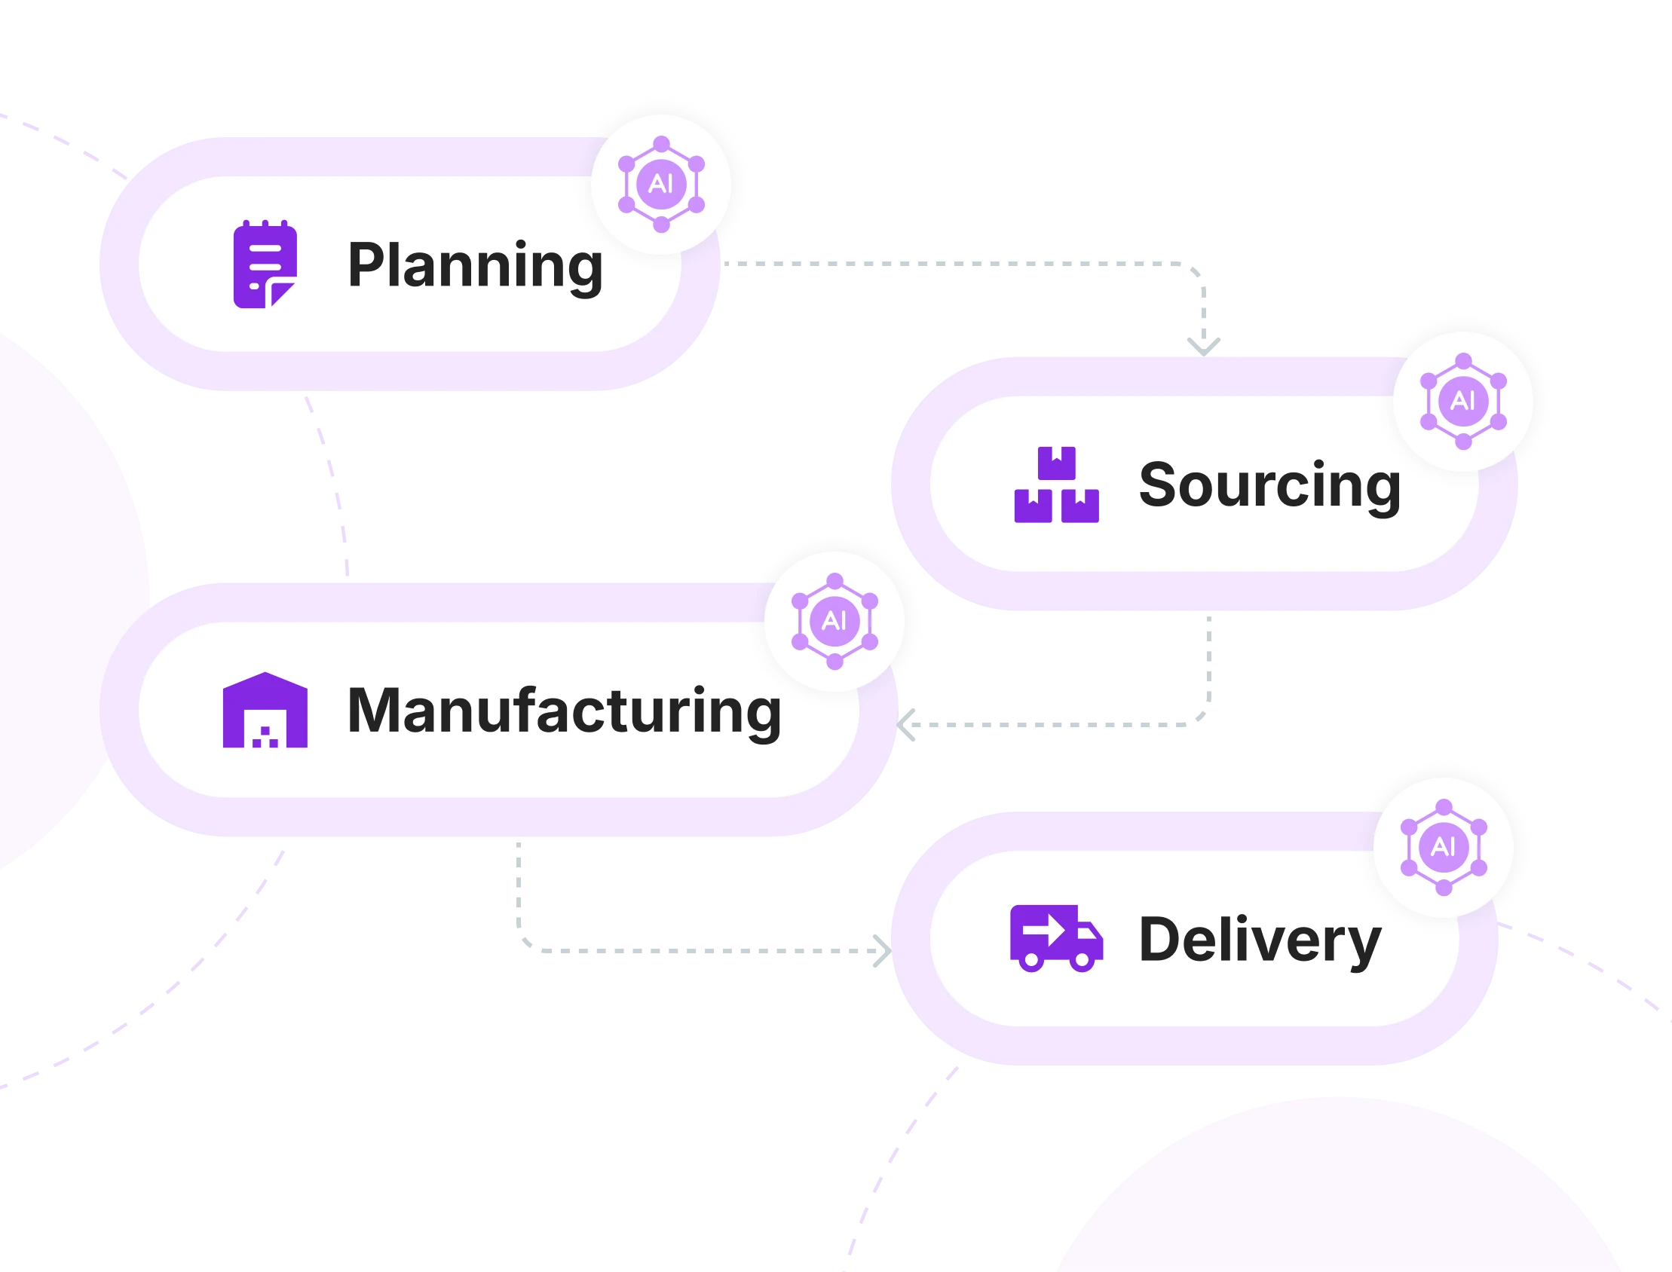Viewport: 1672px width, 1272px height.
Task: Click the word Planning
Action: click(x=475, y=265)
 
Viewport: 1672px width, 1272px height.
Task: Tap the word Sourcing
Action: click(x=1269, y=485)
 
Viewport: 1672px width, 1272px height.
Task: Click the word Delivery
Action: click(x=1260, y=939)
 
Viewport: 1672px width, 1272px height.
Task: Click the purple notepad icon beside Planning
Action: click(x=265, y=264)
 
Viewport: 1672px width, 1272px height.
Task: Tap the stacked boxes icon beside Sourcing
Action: click(x=1056, y=485)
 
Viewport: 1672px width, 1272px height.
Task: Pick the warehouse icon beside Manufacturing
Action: click(x=265, y=710)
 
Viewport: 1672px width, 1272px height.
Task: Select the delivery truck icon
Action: click(x=1056, y=938)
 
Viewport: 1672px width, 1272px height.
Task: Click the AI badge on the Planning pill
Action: click(x=661, y=184)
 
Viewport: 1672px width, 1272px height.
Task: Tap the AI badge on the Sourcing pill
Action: click(x=1463, y=402)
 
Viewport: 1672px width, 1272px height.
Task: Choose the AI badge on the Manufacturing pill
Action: click(x=834, y=621)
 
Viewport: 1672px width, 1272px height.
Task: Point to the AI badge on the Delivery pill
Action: click(x=1444, y=846)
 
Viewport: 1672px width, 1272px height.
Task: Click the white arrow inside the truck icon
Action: click(x=1046, y=928)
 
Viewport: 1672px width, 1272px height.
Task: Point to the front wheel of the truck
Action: click(x=1083, y=961)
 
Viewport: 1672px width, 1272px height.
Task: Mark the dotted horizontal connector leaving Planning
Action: click(x=947, y=265)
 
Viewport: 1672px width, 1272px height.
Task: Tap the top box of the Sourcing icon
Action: click(x=1056, y=463)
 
